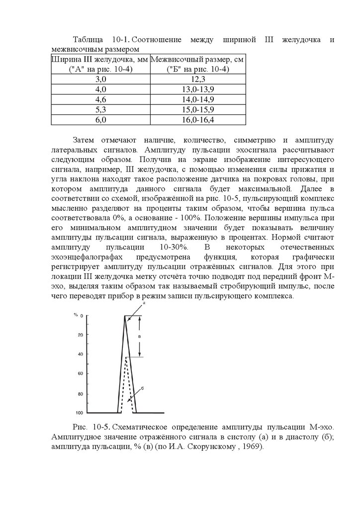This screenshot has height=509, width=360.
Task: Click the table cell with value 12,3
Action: pos(198,79)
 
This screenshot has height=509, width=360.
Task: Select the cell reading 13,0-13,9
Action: pos(198,89)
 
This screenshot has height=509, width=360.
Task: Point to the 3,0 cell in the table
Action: pos(100,79)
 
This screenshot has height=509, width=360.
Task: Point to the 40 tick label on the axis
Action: pos(81,354)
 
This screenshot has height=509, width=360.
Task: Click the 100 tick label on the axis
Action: pos(80,413)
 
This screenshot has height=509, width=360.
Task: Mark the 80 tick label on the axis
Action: pos(81,394)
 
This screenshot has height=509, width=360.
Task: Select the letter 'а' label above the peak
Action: pos(144,302)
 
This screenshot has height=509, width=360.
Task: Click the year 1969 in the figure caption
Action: pos(252,446)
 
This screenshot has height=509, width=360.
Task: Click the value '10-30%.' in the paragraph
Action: pos(174,247)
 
